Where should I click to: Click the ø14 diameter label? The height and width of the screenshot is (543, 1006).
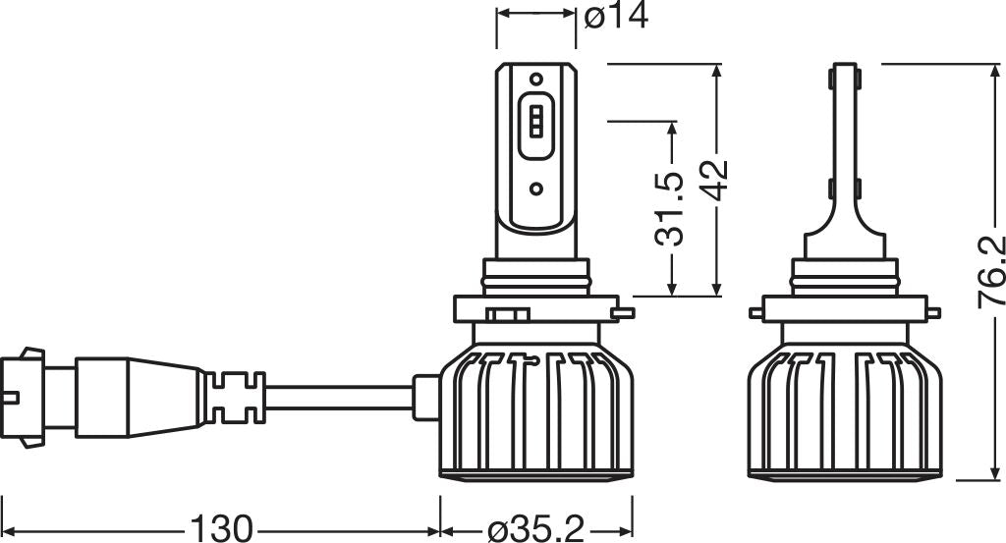click(616, 17)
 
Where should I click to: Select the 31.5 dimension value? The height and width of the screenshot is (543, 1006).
click(672, 208)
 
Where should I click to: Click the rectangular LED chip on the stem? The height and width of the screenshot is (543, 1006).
click(535, 122)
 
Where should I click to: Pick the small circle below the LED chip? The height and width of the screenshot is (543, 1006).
click(535, 188)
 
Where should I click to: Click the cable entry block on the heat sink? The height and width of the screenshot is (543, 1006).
click(424, 393)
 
